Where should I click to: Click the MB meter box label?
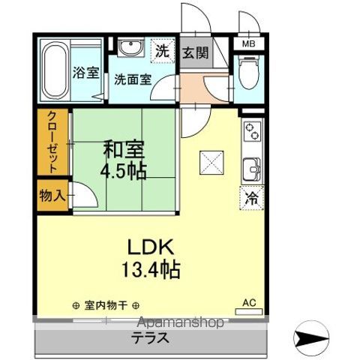[247, 44]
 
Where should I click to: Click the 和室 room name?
[124, 148]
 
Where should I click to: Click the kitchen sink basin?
[250, 169]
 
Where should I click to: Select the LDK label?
[156, 247]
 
